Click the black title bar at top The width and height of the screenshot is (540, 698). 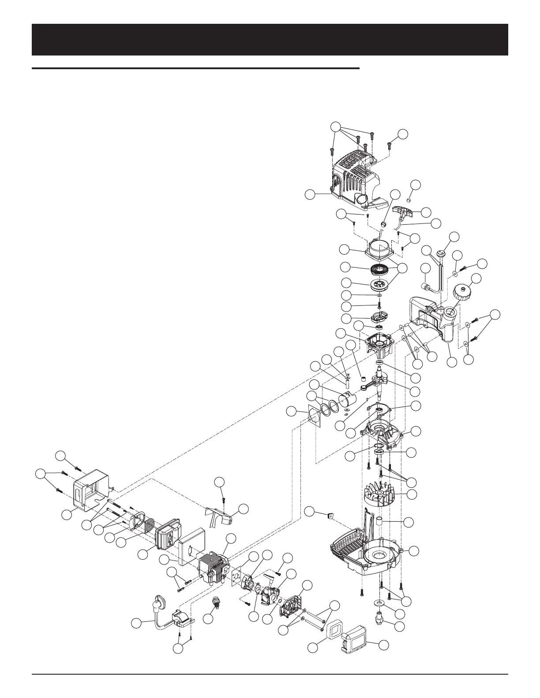click(270, 40)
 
